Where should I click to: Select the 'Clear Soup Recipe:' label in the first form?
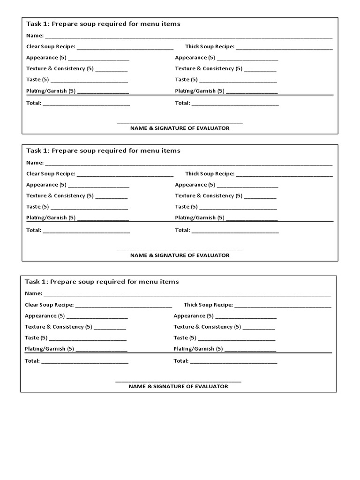51,47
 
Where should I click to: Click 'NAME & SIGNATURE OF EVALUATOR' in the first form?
180,128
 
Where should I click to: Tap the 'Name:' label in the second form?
35,163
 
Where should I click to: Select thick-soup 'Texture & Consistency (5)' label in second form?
209,195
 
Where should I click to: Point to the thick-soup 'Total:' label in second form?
182,230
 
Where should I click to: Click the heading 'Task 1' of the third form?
102,282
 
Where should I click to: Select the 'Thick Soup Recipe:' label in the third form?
208,305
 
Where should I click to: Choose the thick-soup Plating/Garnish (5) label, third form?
198,349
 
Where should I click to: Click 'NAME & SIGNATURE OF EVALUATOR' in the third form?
179,386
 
